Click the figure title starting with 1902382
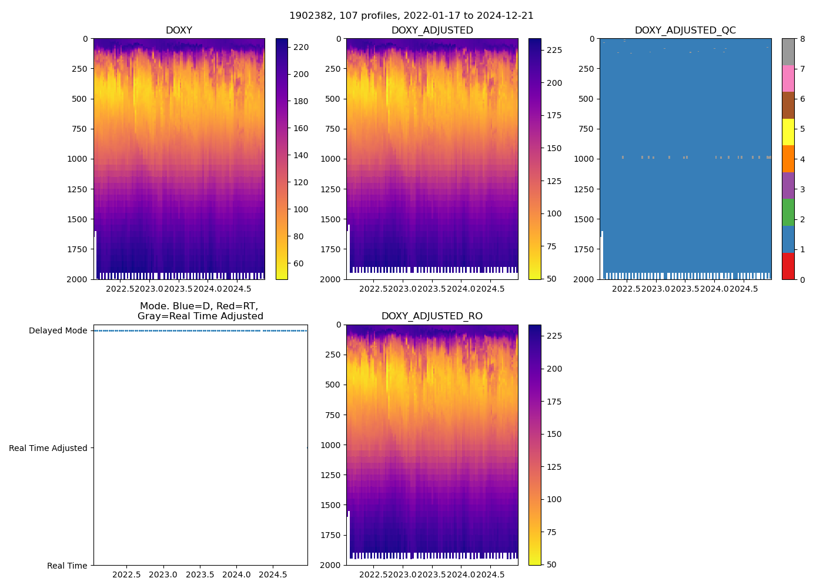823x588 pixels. pos(411,16)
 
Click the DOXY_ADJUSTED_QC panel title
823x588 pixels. pos(685,31)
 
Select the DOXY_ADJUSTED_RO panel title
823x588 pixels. pos(431,316)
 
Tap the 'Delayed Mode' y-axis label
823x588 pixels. pos(58,330)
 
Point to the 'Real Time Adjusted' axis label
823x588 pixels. pos(48,448)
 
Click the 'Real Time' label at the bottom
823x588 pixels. pos(67,566)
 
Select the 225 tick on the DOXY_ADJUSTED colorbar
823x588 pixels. pos(554,51)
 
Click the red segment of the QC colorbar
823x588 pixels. pos(788,266)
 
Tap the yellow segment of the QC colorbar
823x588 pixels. pos(788,132)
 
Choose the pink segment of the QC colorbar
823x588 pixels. pos(788,78)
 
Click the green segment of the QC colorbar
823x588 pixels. pos(788,212)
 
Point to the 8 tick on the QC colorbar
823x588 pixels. pos(802,39)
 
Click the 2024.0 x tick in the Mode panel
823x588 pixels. pos(236,574)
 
